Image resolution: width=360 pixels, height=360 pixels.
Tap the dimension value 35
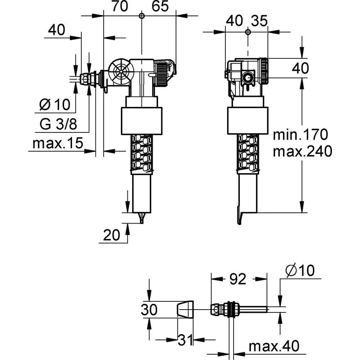click(x=260, y=21)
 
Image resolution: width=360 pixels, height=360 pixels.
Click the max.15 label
click(x=58, y=144)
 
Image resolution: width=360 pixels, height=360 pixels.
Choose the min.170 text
click(x=301, y=135)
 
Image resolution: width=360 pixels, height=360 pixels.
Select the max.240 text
click(x=302, y=152)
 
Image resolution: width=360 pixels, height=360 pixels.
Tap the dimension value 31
click(x=185, y=339)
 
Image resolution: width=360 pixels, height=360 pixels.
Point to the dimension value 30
click(x=149, y=309)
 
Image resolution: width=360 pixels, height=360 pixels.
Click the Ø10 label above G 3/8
click(x=55, y=105)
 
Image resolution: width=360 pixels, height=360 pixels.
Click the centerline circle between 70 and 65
click(x=141, y=15)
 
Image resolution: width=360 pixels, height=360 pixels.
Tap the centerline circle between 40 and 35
click(x=247, y=32)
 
